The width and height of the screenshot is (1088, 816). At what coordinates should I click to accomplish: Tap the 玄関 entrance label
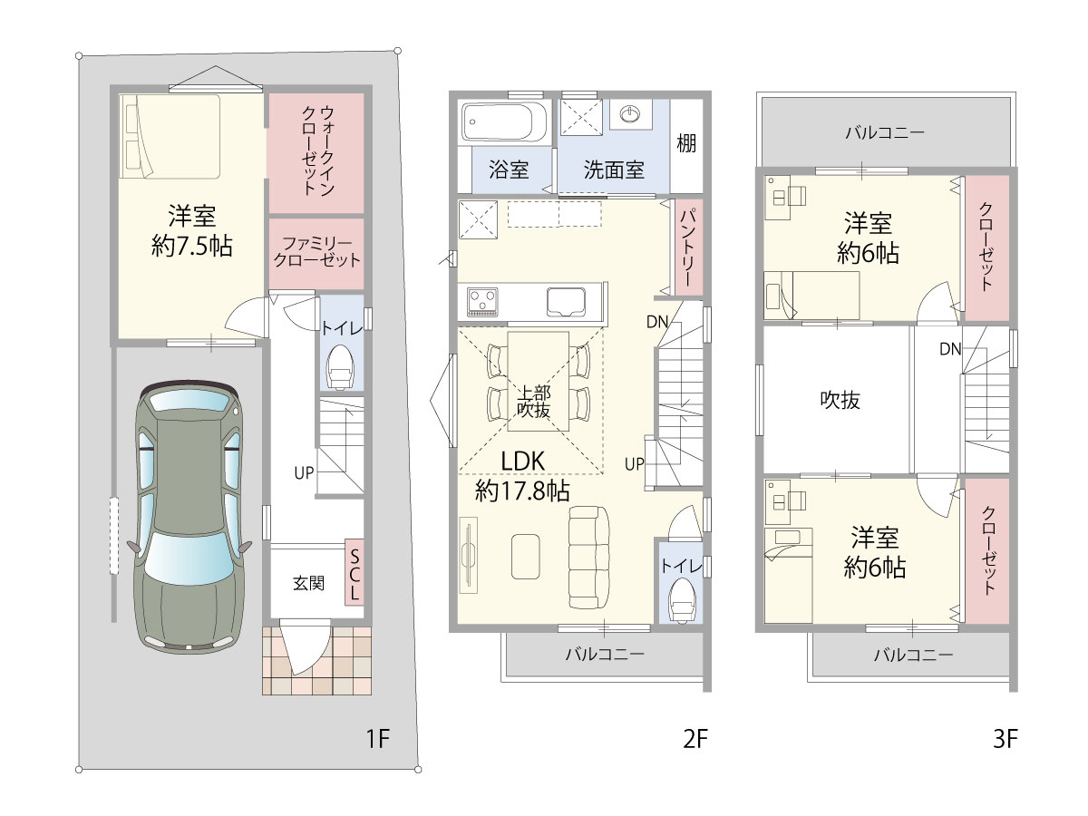(x=308, y=583)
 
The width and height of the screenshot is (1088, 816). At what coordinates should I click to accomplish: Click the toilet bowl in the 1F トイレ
(x=340, y=365)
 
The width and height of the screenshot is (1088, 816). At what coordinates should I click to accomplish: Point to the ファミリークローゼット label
(x=317, y=252)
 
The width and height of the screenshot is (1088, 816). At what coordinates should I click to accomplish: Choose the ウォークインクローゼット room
(x=317, y=153)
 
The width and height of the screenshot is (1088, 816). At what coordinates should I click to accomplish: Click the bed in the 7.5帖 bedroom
(x=170, y=137)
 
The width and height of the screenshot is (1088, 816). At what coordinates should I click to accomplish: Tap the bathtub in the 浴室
(x=504, y=121)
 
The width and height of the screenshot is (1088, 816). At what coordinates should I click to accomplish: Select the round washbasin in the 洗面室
(x=630, y=113)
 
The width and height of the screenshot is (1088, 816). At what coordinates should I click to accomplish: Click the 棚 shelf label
(x=686, y=143)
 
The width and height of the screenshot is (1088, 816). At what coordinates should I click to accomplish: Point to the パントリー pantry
(x=689, y=247)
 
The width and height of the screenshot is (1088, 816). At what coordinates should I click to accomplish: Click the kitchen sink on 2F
(x=566, y=302)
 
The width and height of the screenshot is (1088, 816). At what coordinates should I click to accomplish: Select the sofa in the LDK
(x=588, y=558)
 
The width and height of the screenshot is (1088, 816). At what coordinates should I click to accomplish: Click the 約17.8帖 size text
(x=522, y=491)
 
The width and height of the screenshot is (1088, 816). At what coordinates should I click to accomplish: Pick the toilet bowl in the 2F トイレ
(x=684, y=600)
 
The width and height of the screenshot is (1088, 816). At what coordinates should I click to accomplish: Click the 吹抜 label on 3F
(x=840, y=400)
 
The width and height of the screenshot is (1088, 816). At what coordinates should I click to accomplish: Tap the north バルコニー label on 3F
(x=885, y=132)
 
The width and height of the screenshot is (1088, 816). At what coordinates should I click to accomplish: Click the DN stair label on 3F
(x=950, y=349)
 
